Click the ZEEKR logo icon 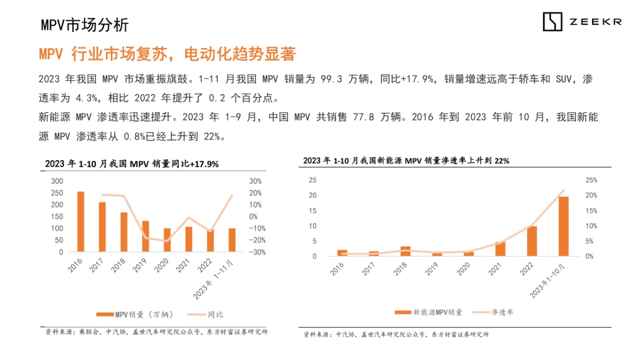coord(553,21)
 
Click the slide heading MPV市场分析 coord(85,25)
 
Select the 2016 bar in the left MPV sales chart coord(81,221)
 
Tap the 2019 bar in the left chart coord(146,236)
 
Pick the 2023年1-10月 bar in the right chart coord(563,226)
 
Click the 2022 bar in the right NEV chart coord(532,241)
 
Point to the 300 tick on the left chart coord(57,181)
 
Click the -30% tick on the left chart coord(255,252)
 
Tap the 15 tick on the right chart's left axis coord(313,211)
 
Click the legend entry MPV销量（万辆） coord(135,314)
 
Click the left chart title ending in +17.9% coord(132,164)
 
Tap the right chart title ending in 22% coord(406,161)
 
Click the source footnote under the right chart coord(396,334)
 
